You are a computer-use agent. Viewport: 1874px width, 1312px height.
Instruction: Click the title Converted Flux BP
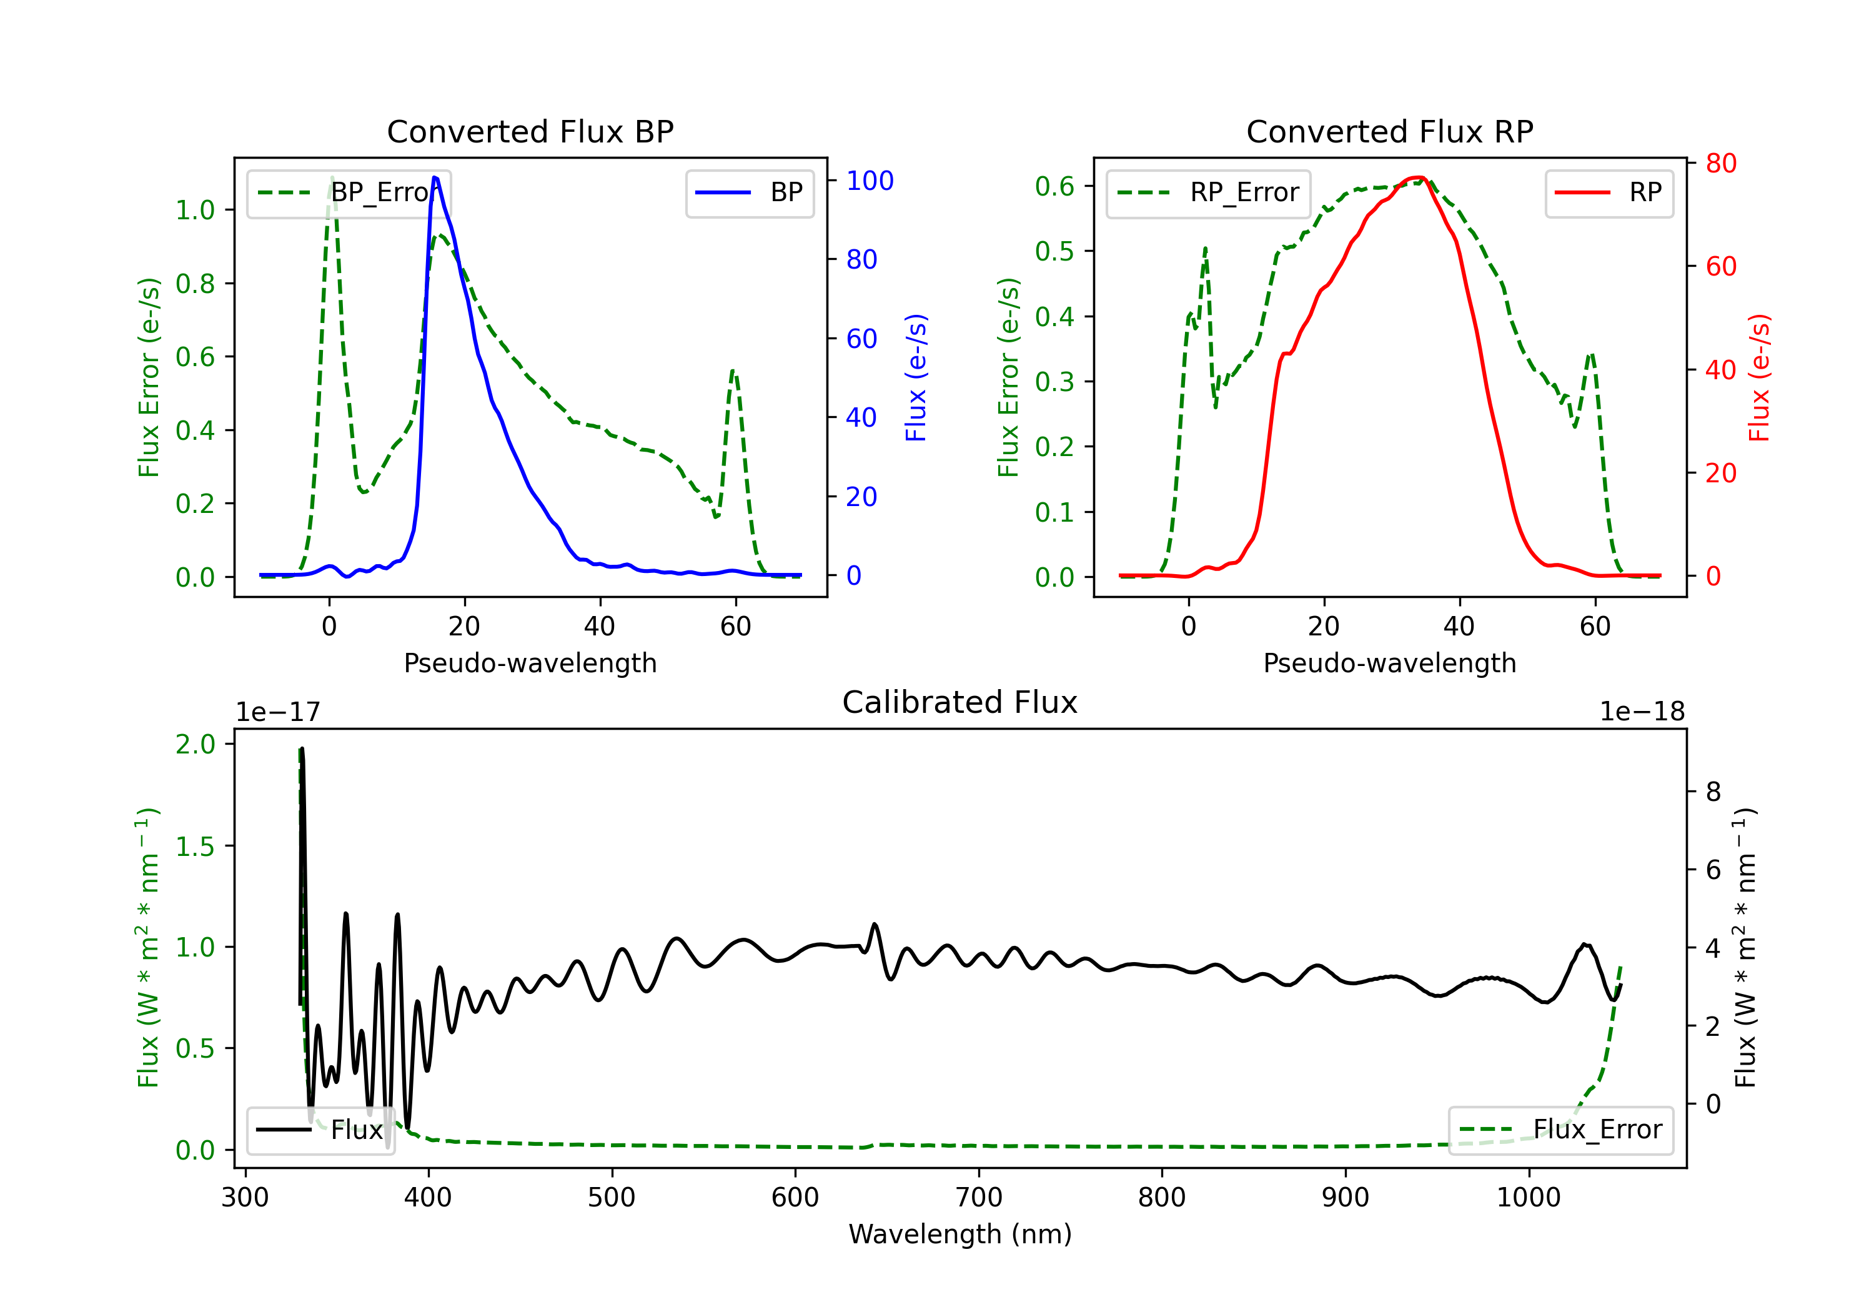[x=530, y=131]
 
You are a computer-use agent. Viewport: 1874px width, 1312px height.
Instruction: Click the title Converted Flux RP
[x=1389, y=131]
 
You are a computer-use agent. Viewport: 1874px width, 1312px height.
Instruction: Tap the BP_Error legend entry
[x=349, y=192]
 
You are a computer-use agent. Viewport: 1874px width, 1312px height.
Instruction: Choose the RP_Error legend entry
[x=1208, y=192]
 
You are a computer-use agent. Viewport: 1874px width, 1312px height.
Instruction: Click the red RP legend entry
[x=1609, y=192]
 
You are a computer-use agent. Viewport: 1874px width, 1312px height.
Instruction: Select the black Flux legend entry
[x=321, y=1130]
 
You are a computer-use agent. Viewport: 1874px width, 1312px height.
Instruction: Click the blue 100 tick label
[x=870, y=181]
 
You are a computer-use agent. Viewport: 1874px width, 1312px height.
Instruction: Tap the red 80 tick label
[x=1720, y=163]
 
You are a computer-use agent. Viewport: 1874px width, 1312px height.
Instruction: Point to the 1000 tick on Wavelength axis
[x=1528, y=1198]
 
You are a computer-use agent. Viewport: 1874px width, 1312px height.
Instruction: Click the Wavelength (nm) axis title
[x=960, y=1234]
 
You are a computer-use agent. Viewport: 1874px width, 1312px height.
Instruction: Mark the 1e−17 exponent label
[x=277, y=712]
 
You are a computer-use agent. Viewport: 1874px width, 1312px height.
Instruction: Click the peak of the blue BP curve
[x=435, y=177]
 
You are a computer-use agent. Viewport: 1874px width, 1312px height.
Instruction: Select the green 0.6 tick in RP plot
[x=1054, y=186]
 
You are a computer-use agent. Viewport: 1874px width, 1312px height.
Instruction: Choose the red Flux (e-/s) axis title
[x=1759, y=377]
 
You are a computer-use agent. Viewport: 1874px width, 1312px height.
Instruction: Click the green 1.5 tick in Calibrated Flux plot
[x=195, y=846]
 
